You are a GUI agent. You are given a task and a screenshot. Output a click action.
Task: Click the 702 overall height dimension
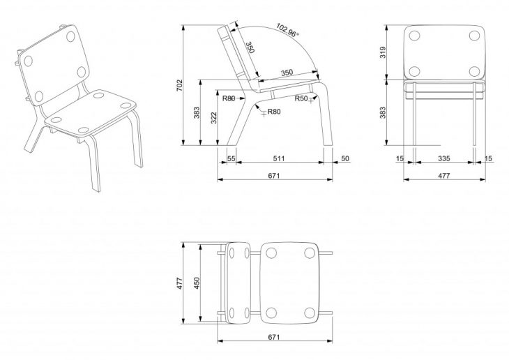pyautogui.click(x=179, y=86)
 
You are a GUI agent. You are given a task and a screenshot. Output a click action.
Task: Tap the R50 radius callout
pyautogui.click(x=301, y=98)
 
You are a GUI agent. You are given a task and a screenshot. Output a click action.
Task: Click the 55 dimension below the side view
pyautogui.click(x=231, y=159)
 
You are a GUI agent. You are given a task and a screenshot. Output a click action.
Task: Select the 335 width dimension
pyautogui.click(x=443, y=159)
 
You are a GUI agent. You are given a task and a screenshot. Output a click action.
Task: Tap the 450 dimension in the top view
pyautogui.click(x=197, y=283)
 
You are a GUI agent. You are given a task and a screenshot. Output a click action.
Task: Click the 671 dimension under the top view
pyautogui.click(x=274, y=337)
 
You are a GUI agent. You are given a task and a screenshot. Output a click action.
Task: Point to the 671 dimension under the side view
pyautogui.click(x=274, y=176)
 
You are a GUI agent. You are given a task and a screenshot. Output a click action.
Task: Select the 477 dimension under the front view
pyautogui.click(x=443, y=176)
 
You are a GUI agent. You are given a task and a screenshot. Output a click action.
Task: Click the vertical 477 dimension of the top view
pyautogui.click(x=179, y=283)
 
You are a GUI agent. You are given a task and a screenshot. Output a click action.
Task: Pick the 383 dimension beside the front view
pyautogui.click(x=383, y=113)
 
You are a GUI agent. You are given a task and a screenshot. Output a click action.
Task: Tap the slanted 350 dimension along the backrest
pyautogui.click(x=249, y=47)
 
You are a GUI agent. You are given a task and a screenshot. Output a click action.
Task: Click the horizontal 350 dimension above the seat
pyautogui.click(x=287, y=73)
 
